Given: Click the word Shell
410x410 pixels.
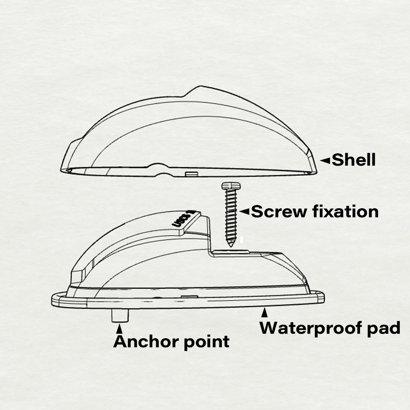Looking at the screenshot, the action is (353, 160).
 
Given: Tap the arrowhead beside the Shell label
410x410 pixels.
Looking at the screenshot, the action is (325, 161).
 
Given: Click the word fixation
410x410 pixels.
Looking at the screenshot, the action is (345, 212).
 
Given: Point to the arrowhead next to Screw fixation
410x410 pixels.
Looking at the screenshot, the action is (244, 212).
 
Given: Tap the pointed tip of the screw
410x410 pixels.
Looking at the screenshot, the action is (231, 244).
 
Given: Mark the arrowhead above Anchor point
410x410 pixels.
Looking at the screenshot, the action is (119, 329).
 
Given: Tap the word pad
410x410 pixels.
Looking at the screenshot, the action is (384, 328).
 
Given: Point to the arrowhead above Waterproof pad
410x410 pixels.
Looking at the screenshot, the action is (265, 313).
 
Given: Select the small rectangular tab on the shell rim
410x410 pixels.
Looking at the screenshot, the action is (191, 174).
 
